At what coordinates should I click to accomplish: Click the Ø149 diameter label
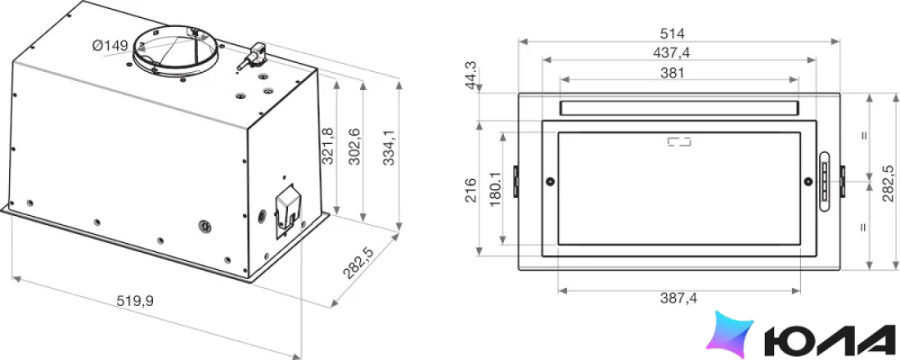tap(110, 46)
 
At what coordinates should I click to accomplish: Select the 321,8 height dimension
tap(328, 146)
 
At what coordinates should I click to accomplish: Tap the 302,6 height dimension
tap(354, 147)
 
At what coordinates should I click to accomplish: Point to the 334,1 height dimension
tap(389, 147)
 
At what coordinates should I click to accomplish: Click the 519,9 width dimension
tap(136, 299)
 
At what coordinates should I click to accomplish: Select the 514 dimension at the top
tap(673, 34)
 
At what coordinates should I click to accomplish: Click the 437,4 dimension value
tap(672, 53)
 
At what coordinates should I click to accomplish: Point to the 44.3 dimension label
tap(472, 74)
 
